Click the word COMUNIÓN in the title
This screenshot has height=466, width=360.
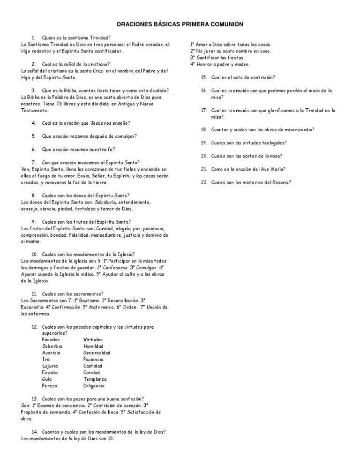(228, 24)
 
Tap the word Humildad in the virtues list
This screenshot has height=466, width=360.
(93, 346)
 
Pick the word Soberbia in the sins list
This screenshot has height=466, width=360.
(52, 346)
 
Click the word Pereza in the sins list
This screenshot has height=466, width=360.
(50, 385)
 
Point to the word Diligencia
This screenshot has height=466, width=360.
(94, 385)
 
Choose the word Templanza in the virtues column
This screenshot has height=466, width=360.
(95, 379)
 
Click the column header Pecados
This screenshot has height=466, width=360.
(51, 339)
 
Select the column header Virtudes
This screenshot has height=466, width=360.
(93, 339)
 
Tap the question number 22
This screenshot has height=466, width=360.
(204, 182)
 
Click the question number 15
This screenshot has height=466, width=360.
(204, 77)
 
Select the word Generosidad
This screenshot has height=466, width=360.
(97, 353)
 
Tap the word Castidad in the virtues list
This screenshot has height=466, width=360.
(93, 366)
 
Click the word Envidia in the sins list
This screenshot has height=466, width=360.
(50, 372)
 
